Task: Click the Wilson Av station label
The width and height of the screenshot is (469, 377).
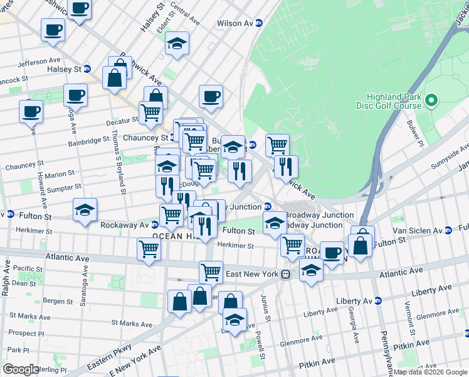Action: pyautogui.click(x=234, y=23)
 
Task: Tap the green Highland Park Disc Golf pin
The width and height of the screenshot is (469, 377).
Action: pyautogui.click(x=431, y=100)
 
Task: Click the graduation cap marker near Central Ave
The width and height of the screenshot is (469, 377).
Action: pyautogui.click(x=177, y=44)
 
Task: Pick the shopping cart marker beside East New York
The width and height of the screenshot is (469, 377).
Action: pyautogui.click(x=211, y=272)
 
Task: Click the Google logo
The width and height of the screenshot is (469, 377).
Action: pyautogui.click(x=21, y=369)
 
